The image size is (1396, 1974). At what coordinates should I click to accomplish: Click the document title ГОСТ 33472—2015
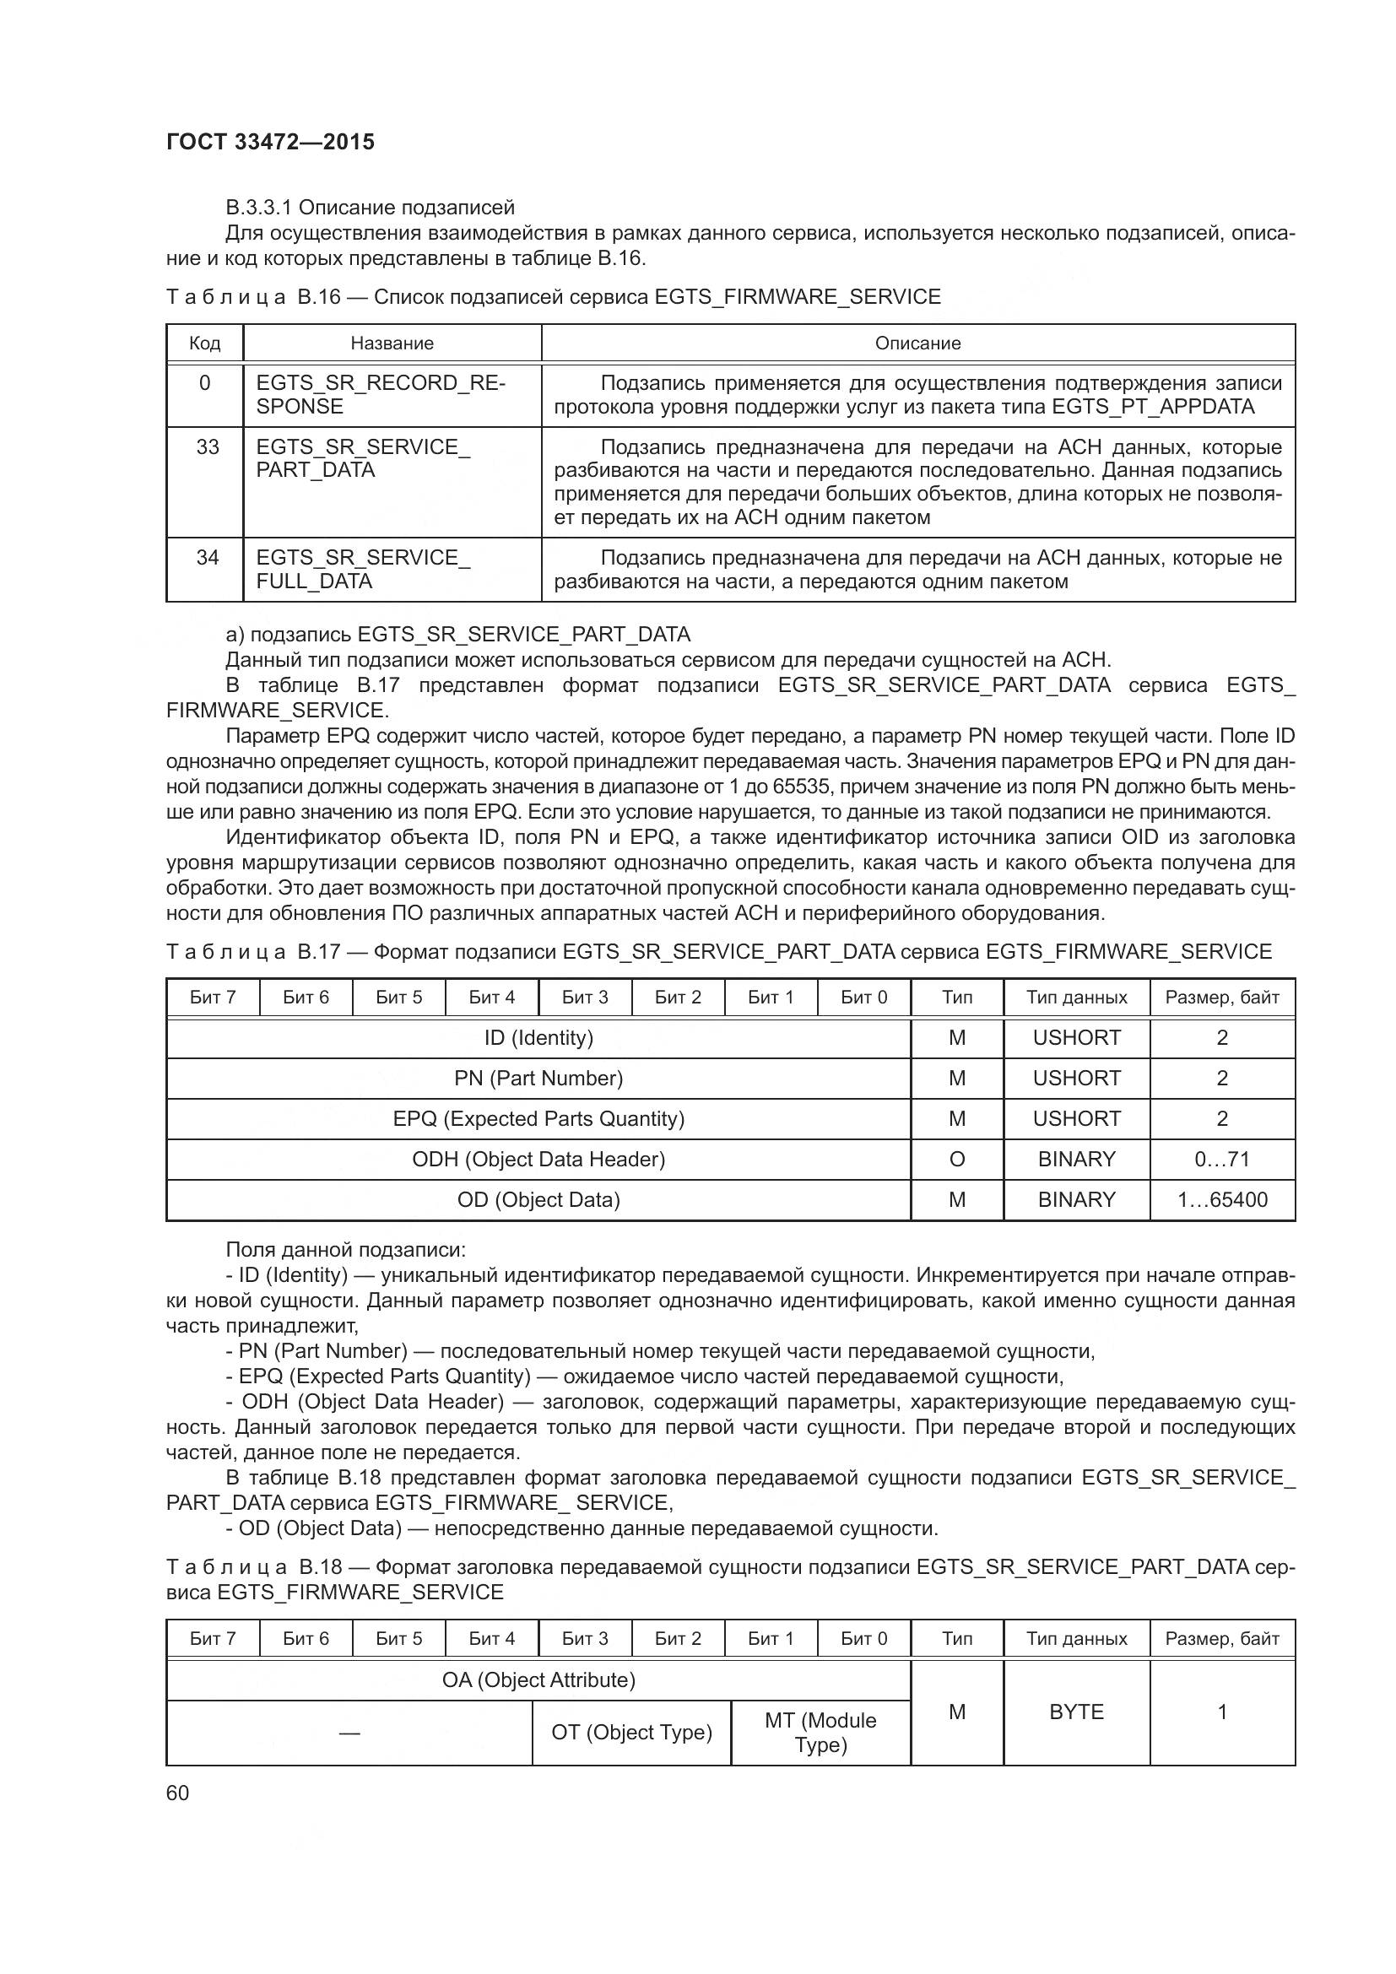coord(270,143)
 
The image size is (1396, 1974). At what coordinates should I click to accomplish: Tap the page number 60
coord(177,1793)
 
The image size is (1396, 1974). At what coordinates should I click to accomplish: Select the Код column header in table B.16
coord(204,343)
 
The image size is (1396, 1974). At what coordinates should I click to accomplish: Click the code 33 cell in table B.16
coord(207,447)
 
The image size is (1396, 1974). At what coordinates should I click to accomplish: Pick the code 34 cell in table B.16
coord(207,558)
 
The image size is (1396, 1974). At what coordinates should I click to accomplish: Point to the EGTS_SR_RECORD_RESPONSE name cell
coord(381,395)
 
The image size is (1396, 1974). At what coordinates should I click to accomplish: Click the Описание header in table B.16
coord(917,343)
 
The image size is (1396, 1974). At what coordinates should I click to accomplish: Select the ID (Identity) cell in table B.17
coord(538,1038)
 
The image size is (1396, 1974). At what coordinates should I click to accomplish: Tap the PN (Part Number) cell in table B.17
coord(538,1078)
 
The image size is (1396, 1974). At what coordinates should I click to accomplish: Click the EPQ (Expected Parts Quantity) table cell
coord(538,1118)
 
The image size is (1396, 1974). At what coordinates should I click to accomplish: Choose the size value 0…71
coord(1221,1159)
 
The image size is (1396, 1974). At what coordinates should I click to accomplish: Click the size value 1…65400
coord(1221,1199)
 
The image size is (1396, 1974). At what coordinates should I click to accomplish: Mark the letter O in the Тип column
coord(957,1159)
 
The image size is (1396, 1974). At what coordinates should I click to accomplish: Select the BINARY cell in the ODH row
coord(1076,1159)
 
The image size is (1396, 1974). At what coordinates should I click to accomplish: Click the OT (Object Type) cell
coord(632,1733)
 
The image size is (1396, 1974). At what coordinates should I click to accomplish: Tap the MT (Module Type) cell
coord(820,1733)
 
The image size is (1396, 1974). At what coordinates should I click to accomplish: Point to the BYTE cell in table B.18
coord(1076,1712)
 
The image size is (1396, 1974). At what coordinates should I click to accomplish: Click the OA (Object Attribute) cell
coord(538,1680)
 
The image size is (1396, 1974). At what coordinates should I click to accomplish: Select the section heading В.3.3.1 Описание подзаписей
coord(370,208)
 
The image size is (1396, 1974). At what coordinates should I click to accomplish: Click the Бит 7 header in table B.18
coord(213,1639)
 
